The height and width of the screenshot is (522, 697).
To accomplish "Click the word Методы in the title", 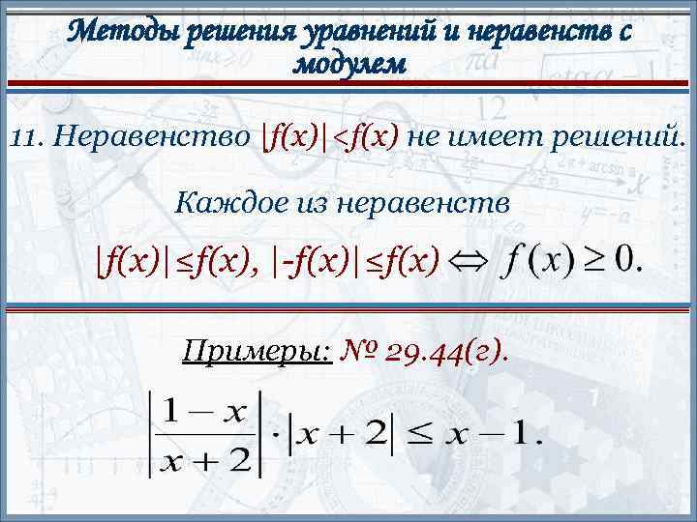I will click(x=121, y=32).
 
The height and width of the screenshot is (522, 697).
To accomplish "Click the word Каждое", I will click(x=222, y=202).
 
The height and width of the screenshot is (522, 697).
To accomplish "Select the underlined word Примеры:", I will click(x=258, y=351).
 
